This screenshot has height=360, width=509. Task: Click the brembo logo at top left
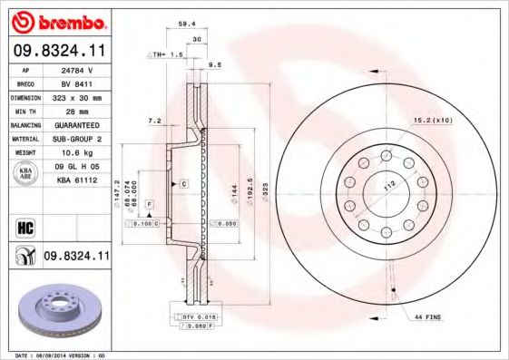pyautogui.click(x=57, y=21)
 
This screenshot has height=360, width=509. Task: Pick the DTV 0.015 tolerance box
pyautogui.click(x=195, y=316)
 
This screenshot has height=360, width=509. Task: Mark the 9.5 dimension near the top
pyautogui.click(x=215, y=65)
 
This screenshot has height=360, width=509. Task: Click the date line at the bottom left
pyautogui.click(x=55, y=355)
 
